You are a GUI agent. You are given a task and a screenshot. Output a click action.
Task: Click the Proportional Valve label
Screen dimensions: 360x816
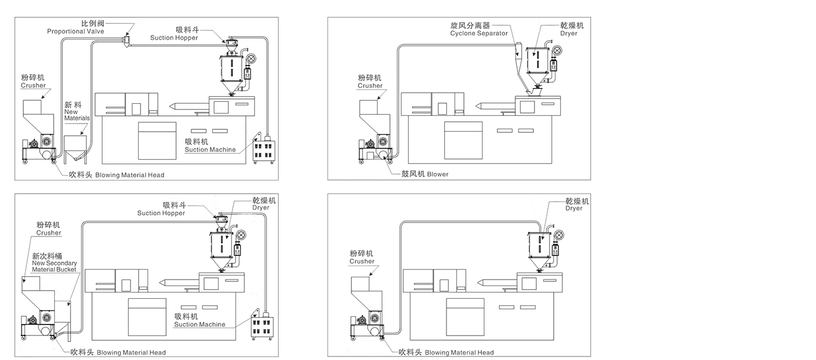[x=76, y=27]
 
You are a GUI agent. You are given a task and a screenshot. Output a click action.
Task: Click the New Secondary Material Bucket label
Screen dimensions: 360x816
[x=54, y=263]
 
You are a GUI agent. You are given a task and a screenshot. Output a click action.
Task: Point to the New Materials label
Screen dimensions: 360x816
[x=77, y=111]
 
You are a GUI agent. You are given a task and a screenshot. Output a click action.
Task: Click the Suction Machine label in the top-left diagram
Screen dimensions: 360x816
[x=210, y=146]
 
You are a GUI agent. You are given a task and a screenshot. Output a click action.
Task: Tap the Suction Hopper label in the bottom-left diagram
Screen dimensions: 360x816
[x=160, y=209]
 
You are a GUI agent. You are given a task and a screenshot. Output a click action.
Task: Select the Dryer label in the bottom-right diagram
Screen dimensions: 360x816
[x=576, y=204]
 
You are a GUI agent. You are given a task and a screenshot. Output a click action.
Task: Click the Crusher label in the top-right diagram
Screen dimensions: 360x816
[x=370, y=82]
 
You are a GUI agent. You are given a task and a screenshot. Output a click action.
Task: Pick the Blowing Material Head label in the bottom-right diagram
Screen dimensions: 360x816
[x=446, y=352]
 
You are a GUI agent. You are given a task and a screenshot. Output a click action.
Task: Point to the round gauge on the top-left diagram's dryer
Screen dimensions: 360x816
[x=251, y=59]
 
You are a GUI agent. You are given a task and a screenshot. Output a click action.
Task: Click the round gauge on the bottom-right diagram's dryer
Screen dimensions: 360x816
[x=559, y=235]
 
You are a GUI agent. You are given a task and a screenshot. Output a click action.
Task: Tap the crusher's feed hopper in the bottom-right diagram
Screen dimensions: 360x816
[x=361, y=285]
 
